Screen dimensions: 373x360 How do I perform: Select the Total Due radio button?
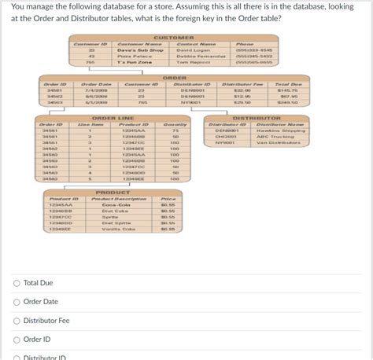(17, 283)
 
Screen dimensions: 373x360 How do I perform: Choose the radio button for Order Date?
(17, 302)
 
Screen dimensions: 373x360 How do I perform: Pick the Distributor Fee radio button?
(17, 321)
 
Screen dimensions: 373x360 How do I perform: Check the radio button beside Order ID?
(17, 340)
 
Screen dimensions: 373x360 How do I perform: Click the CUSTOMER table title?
(173, 38)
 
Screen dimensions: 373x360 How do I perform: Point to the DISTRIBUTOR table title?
(252, 117)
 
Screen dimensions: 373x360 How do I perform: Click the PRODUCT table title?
(113, 192)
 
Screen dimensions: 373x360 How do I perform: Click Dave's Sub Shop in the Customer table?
(140, 50)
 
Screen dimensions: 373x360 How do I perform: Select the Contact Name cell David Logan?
(194, 50)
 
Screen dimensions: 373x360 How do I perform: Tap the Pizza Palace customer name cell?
(134, 56)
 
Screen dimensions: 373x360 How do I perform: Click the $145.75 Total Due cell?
(288, 90)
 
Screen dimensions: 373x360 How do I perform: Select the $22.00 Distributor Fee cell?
(242, 90)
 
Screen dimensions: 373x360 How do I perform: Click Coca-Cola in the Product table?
(115, 206)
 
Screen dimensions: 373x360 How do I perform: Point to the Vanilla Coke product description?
(119, 230)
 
